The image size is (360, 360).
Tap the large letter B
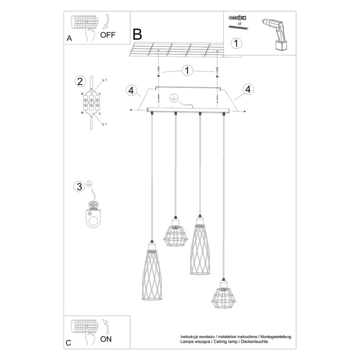click(137, 34)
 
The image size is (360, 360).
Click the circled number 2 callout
click(80, 81)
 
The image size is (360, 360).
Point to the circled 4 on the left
click(131, 90)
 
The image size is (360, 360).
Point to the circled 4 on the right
click(248, 89)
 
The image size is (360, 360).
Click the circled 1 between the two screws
click(188, 71)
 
